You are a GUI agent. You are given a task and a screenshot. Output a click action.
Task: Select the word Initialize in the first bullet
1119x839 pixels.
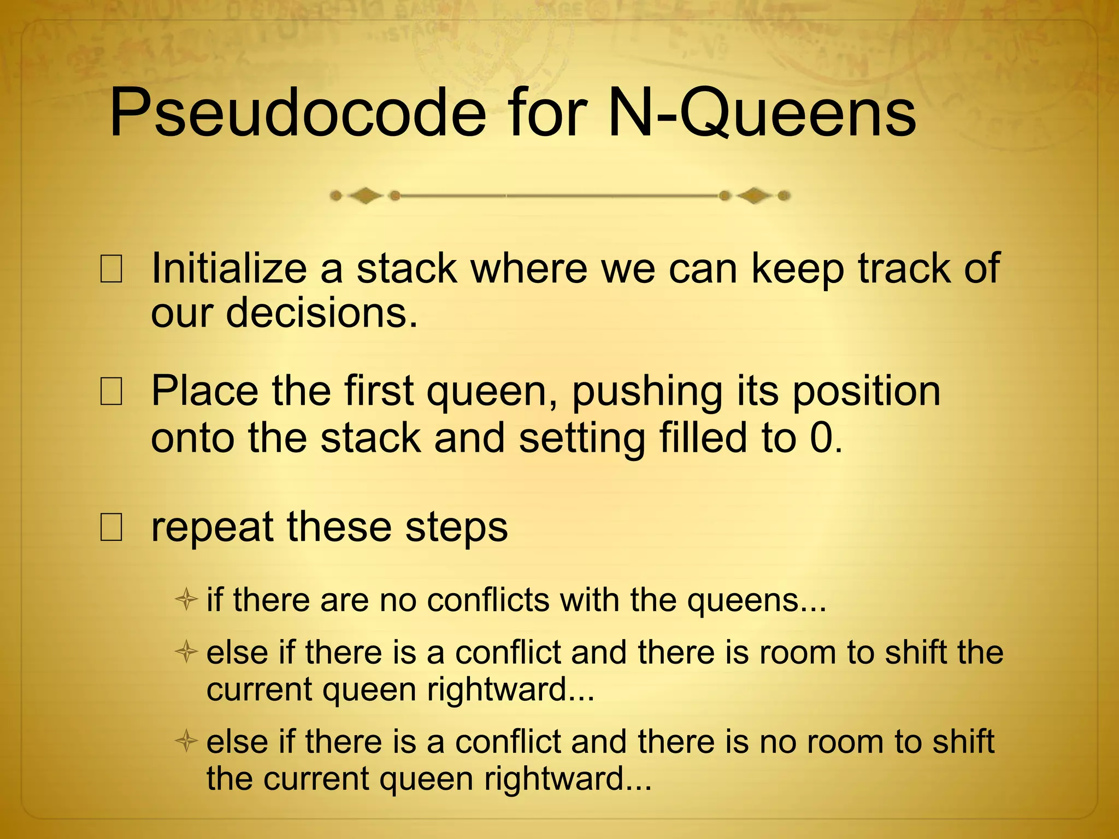(x=229, y=269)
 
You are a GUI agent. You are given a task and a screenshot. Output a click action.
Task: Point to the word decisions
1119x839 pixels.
(x=322, y=313)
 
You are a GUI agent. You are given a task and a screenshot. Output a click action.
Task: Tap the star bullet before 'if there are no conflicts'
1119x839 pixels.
(x=186, y=600)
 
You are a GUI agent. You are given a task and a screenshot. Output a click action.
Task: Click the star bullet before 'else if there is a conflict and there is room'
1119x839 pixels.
(x=186, y=652)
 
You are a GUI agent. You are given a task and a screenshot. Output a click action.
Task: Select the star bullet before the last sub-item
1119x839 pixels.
(x=186, y=741)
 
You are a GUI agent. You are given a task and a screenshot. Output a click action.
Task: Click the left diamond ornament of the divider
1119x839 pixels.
(x=365, y=196)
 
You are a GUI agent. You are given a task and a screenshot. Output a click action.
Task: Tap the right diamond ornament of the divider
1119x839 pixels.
(x=755, y=196)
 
